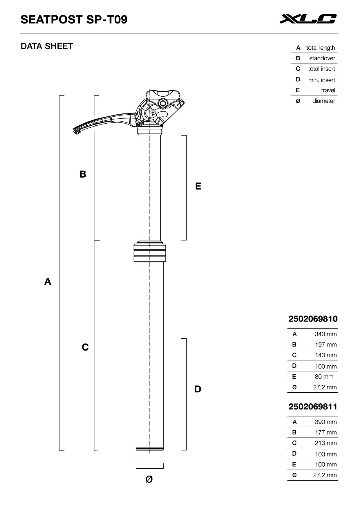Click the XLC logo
(x=308, y=19)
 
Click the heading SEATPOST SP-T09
(x=74, y=20)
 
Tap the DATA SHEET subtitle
(x=47, y=46)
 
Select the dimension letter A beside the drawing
(x=48, y=281)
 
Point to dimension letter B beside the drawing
(x=83, y=174)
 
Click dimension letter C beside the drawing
(x=85, y=347)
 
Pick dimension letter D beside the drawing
(x=198, y=389)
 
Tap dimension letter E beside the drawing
(x=198, y=186)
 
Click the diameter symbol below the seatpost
(x=149, y=479)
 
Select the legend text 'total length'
(x=321, y=48)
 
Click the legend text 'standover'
(x=322, y=58)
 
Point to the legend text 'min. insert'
(x=321, y=80)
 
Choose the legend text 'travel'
(x=328, y=91)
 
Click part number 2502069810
(x=313, y=319)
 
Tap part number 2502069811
(x=313, y=407)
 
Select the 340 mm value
(x=325, y=334)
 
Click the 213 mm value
(x=325, y=443)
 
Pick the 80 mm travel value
(x=324, y=377)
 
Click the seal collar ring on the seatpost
(x=150, y=252)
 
